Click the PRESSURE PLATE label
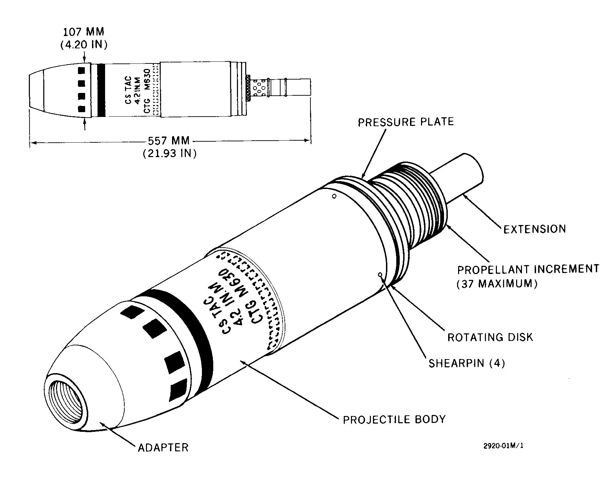[x=406, y=122]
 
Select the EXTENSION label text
[x=535, y=229]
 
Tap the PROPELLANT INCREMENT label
[x=528, y=269]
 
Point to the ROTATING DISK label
[x=490, y=337]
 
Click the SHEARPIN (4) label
[x=467, y=363]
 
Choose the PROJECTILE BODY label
[x=394, y=419]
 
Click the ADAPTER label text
[x=163, y=448]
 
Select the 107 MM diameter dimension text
[x=84, y=32]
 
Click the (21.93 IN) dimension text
[x=170, y=153]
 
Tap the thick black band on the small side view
[x=101, y=90]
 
